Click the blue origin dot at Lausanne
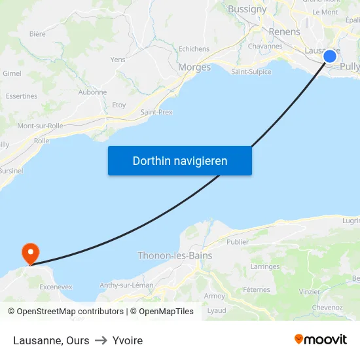(x=330, y=56)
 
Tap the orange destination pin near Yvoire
(x=30, y=253)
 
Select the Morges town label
(x=194, y=67)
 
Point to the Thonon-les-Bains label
(x=175, y=256)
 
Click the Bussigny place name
(x=247, y=9)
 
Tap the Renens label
(x=285, y=31)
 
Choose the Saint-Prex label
(x=156, y=113)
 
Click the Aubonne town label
(x=92, y=92)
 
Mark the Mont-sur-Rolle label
(x=40, y=126)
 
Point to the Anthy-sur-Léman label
(x=126, y=285)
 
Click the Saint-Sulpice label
(x=251, y=72)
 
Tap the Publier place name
(x=237, y=242)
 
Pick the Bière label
(x=37, y=34)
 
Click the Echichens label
(x=194, y=49)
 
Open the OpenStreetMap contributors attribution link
(x=70, y=312)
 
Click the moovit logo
(x=320, y=339)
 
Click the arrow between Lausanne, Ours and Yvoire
(x=101, y=340)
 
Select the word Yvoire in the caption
(x=128, y=340)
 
